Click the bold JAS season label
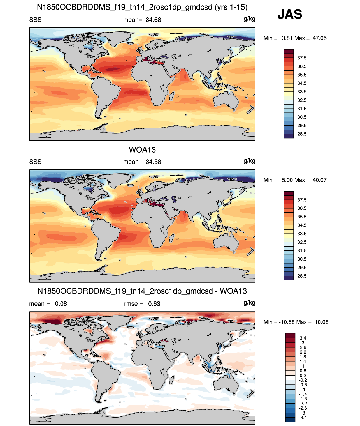pos(290,14)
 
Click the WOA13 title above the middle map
pos(142,150)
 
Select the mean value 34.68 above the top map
pos(153,20)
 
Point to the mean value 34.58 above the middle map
pos(153,162)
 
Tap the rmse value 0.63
pos(154,304)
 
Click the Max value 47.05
pos(319,38)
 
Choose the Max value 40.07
pos(319,180)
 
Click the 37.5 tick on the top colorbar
pos(302,58)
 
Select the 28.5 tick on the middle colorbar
pos(302,276)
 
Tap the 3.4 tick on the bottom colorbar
pos(303,338)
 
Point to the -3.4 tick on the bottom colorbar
pos(303,418)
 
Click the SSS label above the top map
pos(35,20)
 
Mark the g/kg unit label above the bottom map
pos(249,303)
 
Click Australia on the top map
pos(226,100)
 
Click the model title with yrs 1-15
pos(142,7)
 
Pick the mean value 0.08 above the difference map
pos(61,304)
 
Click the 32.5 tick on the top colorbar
pos(302,100)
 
